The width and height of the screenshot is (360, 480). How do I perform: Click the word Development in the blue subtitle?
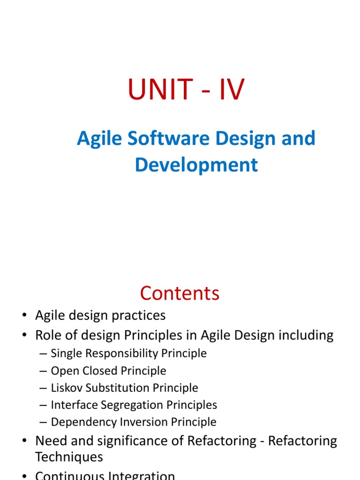tap(196, 165)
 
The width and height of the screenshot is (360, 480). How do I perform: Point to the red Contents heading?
tap(180, 293)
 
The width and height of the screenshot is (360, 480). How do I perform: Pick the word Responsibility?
tap(121, 353)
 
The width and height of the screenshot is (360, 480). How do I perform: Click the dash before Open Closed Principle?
tap(43, 371)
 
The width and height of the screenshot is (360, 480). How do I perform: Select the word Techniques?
tap(69, 457)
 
